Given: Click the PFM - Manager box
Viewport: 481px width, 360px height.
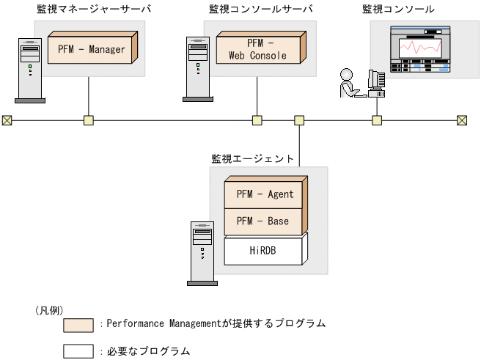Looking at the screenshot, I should [91, 50].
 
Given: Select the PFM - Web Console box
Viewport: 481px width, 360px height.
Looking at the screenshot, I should [257, 49].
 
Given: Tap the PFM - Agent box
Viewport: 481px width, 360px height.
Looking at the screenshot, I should [265, 194].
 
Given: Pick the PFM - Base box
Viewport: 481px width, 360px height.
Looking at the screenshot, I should [265, 221].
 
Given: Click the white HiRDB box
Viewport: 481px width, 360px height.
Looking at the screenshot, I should [265, 251].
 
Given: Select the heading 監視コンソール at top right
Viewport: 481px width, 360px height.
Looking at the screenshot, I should [398, 9].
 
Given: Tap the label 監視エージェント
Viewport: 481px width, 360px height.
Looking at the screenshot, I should [253, 158].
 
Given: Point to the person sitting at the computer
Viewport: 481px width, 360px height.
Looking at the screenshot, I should [348, 84].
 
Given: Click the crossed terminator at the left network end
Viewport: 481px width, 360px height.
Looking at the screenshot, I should [7, 120].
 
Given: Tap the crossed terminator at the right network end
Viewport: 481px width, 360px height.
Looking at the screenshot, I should [462, 120].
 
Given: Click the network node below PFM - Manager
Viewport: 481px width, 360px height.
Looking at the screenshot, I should [88, 120].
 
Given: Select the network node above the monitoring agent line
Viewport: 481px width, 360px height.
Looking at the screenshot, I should [299, 120].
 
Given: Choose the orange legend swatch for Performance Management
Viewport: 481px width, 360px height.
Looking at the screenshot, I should [78, 323].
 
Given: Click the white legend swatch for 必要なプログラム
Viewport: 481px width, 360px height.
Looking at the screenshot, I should [78, 351].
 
